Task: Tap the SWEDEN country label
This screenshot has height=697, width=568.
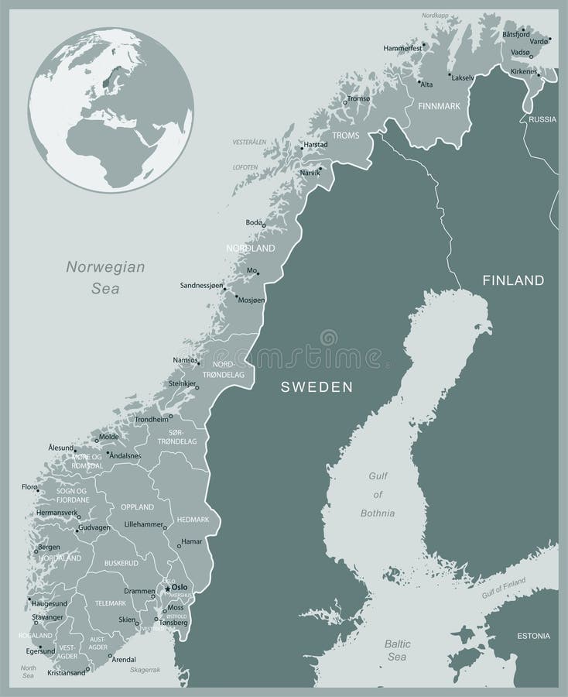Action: coord(317,386)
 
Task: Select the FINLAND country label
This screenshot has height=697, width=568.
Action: coord(513,280)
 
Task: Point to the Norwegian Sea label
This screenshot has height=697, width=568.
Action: coord(105,277)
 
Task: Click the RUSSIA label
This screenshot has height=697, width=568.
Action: coord(542,118)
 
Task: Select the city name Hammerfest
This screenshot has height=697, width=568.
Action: coord(402,48)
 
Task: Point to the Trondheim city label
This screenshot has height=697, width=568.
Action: coord(152,419)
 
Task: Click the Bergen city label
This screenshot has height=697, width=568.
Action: coord(49,547)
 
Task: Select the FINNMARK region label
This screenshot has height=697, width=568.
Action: coord(439,105)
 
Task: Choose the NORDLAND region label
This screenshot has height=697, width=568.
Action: coord(250,249)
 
